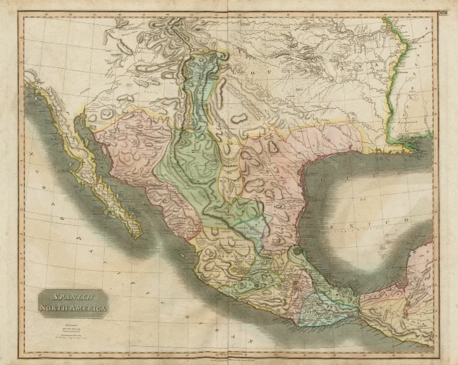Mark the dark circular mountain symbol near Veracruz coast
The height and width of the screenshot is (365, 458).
[x=296, y=251]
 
